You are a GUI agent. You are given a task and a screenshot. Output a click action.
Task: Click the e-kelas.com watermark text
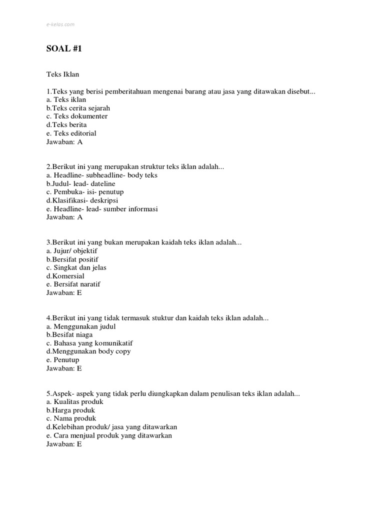click(x=60, y=23)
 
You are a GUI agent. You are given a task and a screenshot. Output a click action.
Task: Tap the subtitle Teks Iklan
click(x=63, y=74)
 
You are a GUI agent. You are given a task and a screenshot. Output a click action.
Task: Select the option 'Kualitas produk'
click(x=74, y=402)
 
